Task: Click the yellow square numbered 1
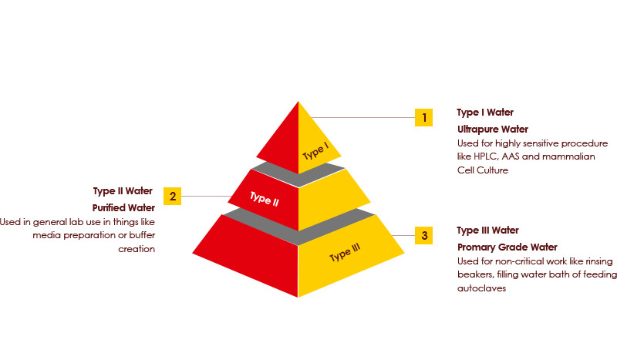pos(423,118)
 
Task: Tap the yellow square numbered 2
pos(172,196)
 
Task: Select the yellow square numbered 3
pos(423,236)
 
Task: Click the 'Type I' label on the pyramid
pos(315,151)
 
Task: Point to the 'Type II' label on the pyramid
pos(265,199)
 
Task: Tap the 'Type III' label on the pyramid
pos(345,253)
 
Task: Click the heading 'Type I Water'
pos(485,113)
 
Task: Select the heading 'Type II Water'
pos(123,191)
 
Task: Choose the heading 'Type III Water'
pos(488,230)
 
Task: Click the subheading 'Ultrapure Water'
pos(493,129)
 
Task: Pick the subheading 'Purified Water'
pos(123,207)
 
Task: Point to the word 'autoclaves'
pos(481,288)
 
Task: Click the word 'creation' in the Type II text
pos(137,249)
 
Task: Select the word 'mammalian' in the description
pos(568,156)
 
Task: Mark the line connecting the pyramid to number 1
pos(362,118)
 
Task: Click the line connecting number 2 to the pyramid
pos(206,196)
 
